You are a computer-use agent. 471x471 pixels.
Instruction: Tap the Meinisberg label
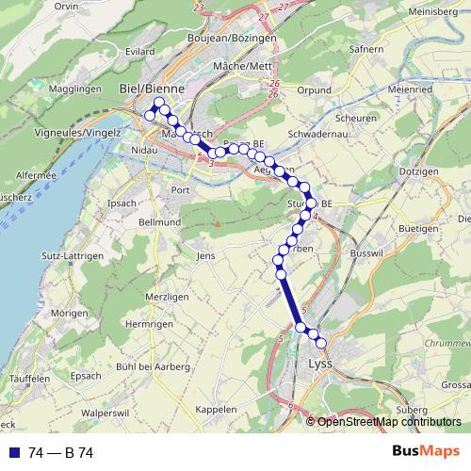[439, 12]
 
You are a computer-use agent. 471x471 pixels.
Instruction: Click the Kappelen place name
[216, 410]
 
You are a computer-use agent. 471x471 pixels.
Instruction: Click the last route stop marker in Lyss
[320, 343]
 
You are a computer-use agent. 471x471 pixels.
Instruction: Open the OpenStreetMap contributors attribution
[389, 421]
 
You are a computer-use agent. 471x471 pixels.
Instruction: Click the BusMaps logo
[426, 452]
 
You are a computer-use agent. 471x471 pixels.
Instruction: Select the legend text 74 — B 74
[61, 453]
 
